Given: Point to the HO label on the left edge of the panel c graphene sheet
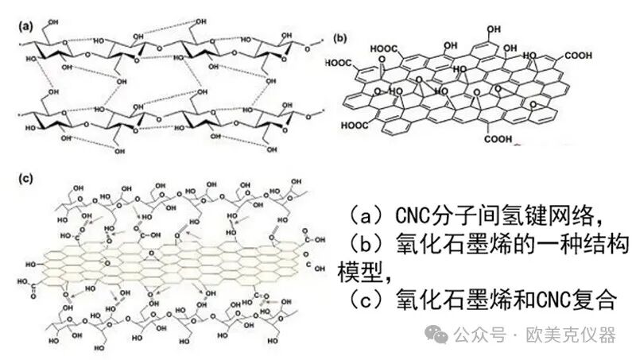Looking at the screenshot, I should click(34, 262).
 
